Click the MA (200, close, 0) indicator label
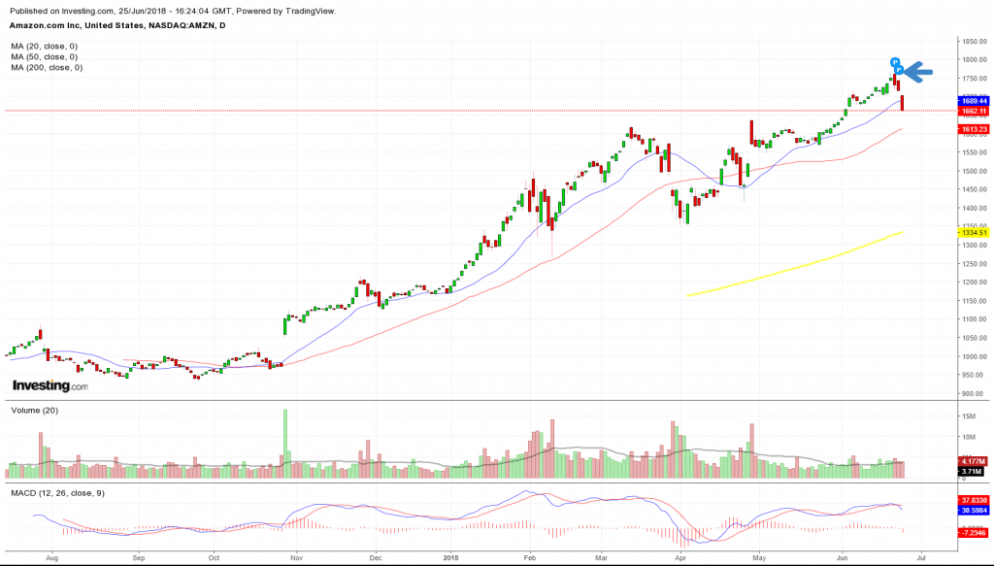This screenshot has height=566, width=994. tap(47, 67)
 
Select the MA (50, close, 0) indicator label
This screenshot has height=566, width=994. tap(45, 57)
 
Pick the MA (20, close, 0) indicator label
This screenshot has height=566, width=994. tap(45, 47)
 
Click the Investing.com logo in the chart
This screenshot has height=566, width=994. tap(50, 386)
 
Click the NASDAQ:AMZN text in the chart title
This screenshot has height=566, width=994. tap(189, 25)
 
